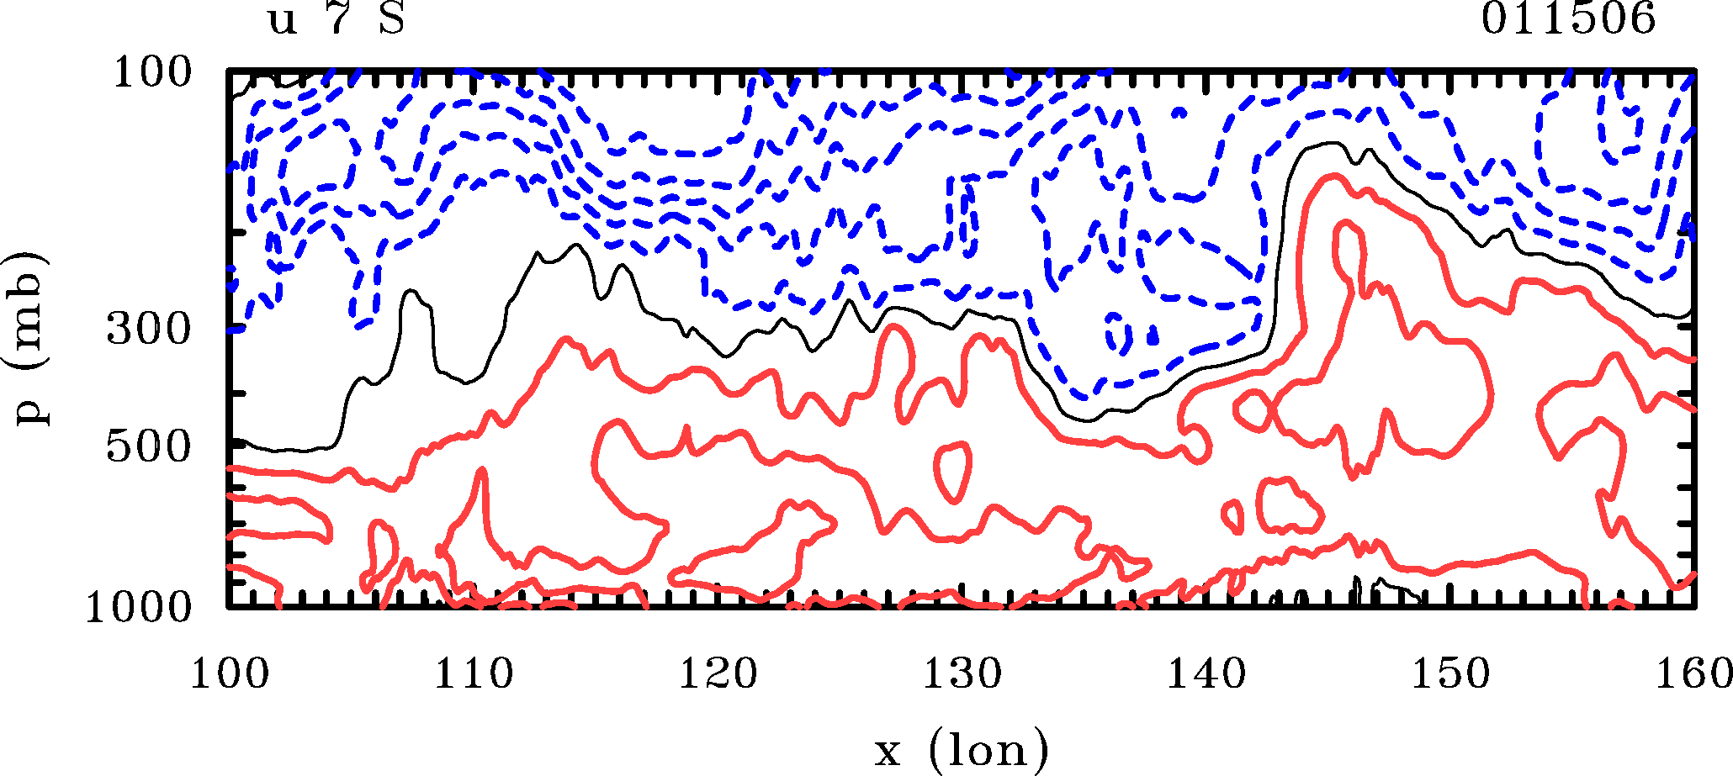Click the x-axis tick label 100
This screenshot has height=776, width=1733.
[229, 674]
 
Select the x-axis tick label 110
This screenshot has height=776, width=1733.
[474, 674]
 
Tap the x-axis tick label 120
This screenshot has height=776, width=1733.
[718, 674]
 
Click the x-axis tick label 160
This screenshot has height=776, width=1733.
[1693, 674]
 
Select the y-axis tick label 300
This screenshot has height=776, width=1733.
[150, 330]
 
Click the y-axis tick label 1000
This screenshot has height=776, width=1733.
[139, 607]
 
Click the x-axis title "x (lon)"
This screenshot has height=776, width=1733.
[962, 749]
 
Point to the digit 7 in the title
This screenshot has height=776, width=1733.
[338, 18]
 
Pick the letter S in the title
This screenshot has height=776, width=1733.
[392, 18]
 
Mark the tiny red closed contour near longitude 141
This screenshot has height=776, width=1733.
[1233, 516]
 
